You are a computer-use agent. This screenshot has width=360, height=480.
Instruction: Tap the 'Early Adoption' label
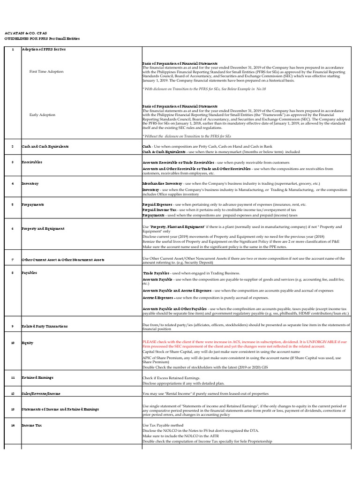[x=42, y=115]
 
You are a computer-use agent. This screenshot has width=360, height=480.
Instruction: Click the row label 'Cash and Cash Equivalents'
[x=45, y=147]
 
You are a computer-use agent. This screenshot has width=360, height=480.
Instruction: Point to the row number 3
[x=13, y=162]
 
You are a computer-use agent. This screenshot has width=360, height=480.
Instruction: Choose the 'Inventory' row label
[x=30, y=183]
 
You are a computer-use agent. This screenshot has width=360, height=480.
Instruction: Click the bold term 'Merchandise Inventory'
[x=162, y=183]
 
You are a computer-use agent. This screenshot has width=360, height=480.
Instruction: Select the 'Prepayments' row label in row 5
[x=33, y=205]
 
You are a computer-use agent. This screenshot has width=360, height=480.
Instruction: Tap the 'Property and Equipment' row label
[x=43, y=229]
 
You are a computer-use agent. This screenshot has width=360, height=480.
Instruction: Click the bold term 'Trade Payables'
[x=156, y=273]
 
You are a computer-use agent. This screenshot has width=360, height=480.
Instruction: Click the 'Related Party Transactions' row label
[x=45, y=326]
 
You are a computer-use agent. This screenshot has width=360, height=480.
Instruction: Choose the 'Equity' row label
[x=27, y=343]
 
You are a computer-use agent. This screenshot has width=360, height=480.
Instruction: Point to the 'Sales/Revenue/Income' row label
[x=41, y=394]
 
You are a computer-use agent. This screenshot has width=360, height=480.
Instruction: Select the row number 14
[x=13, y=425]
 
